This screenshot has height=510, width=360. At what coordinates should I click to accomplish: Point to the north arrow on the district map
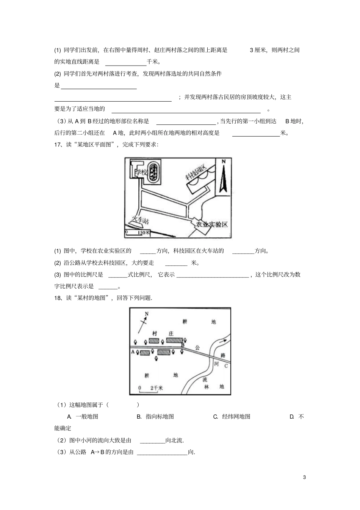pos(223,177)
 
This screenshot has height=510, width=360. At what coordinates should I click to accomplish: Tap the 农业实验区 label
pos(211,224)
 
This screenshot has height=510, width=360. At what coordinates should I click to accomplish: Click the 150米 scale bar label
pos(144,232)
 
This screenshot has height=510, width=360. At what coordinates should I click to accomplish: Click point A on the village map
pos(133,352)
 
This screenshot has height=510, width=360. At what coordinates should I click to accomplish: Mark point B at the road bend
pos(183,345)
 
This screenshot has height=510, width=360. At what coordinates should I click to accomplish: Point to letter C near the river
pos(226,366)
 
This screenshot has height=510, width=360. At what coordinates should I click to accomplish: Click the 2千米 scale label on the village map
pos(156,388)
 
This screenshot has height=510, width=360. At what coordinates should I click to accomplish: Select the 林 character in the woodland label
pos(207,387)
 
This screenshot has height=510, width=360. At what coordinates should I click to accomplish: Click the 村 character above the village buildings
pos(155,333)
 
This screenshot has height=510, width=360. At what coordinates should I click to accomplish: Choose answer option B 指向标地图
pos(155,416)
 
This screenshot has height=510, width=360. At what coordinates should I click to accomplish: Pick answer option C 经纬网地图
pos(232,416)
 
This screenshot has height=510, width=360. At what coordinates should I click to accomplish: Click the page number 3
pos(304,477)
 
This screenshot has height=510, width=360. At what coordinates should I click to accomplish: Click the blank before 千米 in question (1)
pos(125,62)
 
